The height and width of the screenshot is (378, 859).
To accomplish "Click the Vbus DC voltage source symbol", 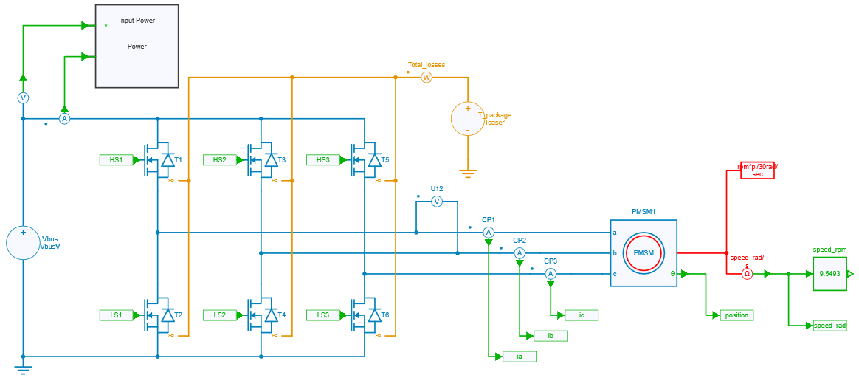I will pyautogui.click(x=23, y=243).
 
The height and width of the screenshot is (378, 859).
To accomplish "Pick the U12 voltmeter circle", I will pyautogui.click(x=436, y=201).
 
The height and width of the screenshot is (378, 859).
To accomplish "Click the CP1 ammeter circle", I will pyautogui.click(x=488, y=233).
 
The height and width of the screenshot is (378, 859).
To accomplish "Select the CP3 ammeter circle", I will pyautogui.click(x=550, y=274).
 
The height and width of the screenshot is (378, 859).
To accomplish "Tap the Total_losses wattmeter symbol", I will pyautogui.click(x=426, y=77).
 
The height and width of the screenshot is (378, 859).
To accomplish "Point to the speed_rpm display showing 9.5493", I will pyautogui.click(x=829, y=274).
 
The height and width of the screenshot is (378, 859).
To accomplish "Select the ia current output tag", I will pyautogui.click(x=519, y=357).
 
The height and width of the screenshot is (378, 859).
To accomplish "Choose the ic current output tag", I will pyautogui.click(x=581, y=315).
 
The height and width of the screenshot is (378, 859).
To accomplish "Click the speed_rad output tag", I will pyautogui.click(x=829, y=326).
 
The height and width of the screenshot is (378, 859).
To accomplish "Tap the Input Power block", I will pyautogui.click(x=137, y=46).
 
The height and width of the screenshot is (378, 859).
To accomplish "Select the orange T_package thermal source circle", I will pyautogui.click(x=467, y=118).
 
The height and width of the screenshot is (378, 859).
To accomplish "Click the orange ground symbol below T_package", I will pyautogui.click(x=467, y=175).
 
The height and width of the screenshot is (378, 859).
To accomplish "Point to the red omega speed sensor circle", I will pyautogui.click(x=747, y=274).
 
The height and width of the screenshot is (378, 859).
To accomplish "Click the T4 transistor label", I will pyautogui.click(x=282, y=315).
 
